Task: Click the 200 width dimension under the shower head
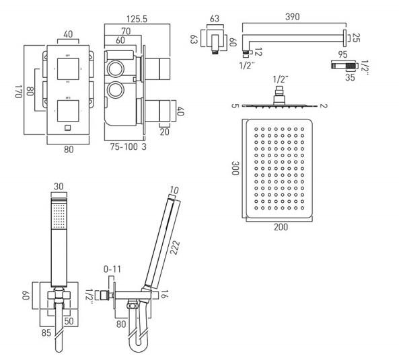pos(281,227)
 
